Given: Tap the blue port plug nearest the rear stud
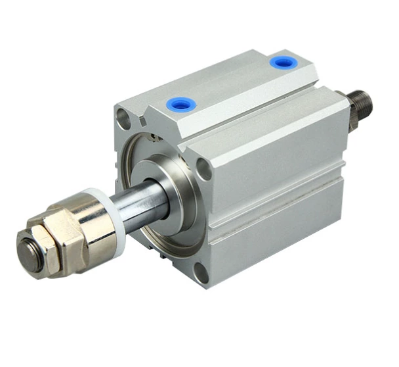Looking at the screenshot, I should click(x=282, y=62).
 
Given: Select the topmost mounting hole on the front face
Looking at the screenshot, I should click(x=123, y=117).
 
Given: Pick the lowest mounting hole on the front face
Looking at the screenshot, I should click(x=202, y=274).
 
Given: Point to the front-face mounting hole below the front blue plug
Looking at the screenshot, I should click(x=203, y=168).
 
